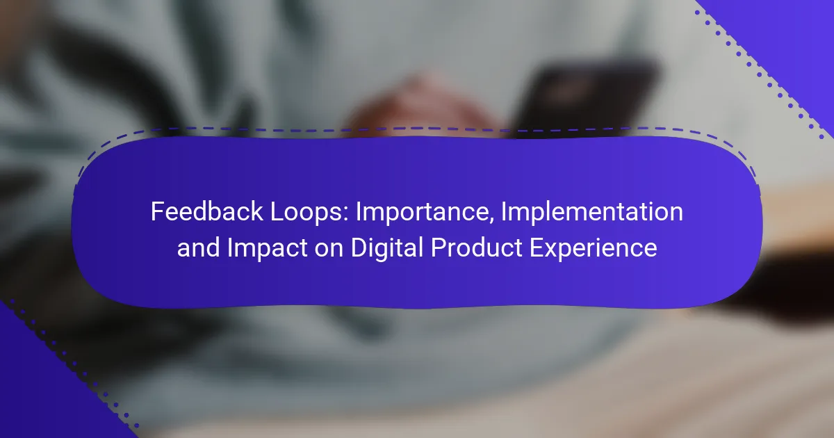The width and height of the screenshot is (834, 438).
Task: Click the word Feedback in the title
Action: [x=207, y=211]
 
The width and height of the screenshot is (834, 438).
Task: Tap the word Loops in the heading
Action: [x=306, y=211]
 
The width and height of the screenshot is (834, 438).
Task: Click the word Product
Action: [x=477, y=248]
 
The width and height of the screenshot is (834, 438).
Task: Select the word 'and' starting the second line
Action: [x=199, y=248]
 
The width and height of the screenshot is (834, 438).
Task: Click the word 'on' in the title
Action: [x=329, y=250]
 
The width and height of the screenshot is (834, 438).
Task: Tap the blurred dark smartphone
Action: [x=584, y=97]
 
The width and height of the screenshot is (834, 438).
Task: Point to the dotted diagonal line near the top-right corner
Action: [x=760, y=75]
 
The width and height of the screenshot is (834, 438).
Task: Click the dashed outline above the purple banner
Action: [x=417, y=129]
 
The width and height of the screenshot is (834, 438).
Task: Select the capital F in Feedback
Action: [x=157, y=211]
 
